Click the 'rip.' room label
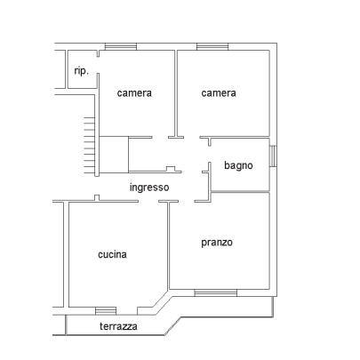coord(81,71)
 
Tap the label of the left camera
coord(134,93)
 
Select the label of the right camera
coord(219,93)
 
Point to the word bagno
coord(238,165)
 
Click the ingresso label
coord(149,188)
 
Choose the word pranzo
coord(217,243)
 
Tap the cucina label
coord(112,254)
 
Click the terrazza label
coord(118,326)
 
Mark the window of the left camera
coord(121,47)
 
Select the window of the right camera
coord(212,47)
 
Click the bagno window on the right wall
coord(273,156)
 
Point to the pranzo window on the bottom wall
coord(216,292)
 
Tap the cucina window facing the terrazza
coord(106,311)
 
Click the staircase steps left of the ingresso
coord(89,145)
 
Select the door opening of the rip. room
coord(98,65)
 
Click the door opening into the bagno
coord(210,154)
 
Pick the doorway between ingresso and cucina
coord(148,202)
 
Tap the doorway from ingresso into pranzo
coord(187,202)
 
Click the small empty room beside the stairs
coord(114,155)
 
